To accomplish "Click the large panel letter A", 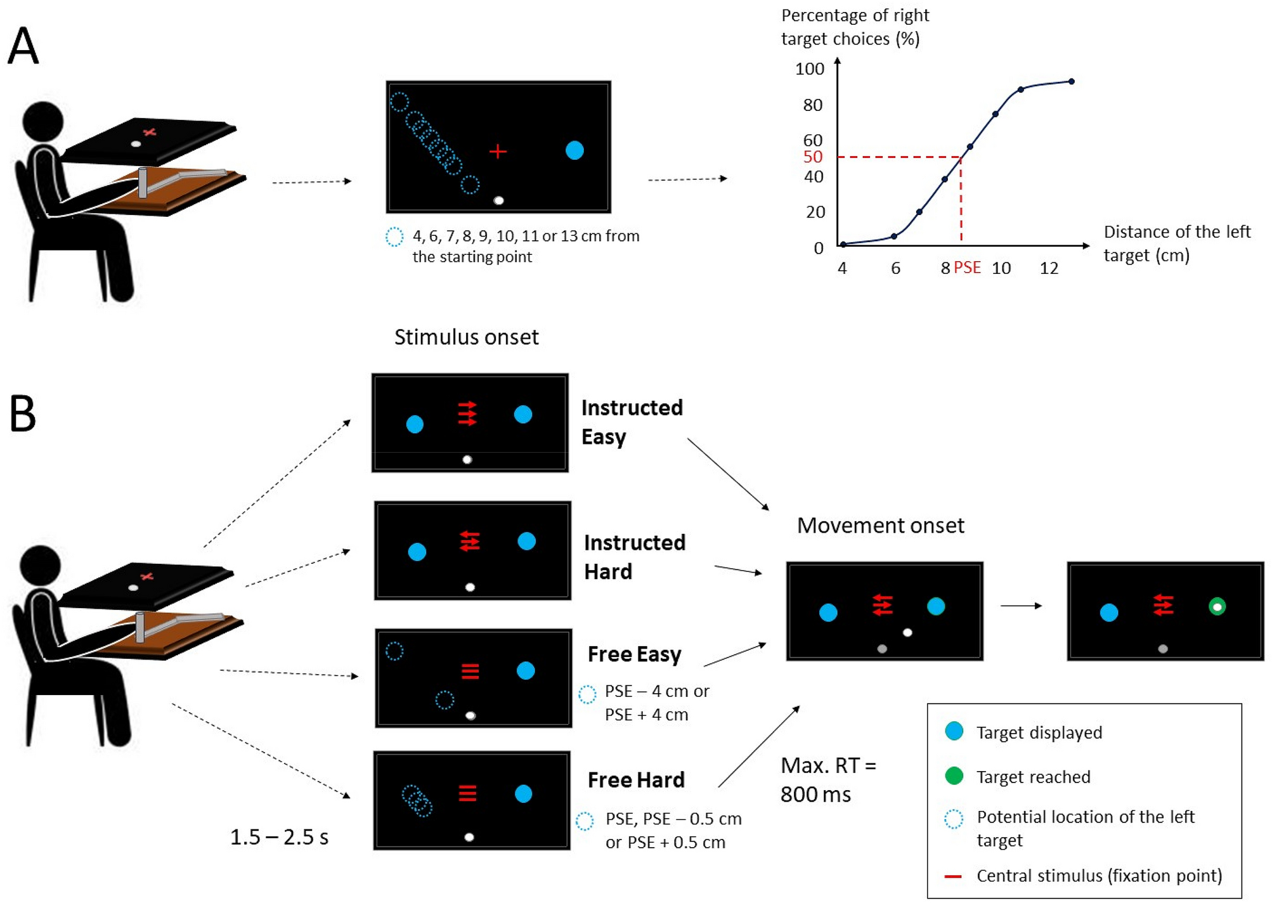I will [23, 46].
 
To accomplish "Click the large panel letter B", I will [22, 413].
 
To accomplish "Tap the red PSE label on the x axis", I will [967, 267].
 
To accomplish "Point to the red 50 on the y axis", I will [812, 157].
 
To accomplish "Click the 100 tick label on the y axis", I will [810, 68].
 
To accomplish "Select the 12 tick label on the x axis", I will [1049, 268].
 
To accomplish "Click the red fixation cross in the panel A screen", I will [498, 151].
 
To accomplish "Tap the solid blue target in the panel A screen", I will [574, 150].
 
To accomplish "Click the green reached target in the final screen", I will [1217, 607].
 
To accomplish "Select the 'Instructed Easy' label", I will [632, 422].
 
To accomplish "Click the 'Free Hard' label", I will [636, 779].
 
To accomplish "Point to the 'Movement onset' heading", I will [880, 525].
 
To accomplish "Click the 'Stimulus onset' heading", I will [466, 337].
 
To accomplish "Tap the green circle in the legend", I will [954, 776].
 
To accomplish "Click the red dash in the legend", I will [952, 876].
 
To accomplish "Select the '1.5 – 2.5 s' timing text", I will [279, 837].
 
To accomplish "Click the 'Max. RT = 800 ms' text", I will [827, 779].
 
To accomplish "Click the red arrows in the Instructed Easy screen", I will [467, 413].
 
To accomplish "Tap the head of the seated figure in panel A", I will [43, 121].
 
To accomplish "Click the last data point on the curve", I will [1071, 81].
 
